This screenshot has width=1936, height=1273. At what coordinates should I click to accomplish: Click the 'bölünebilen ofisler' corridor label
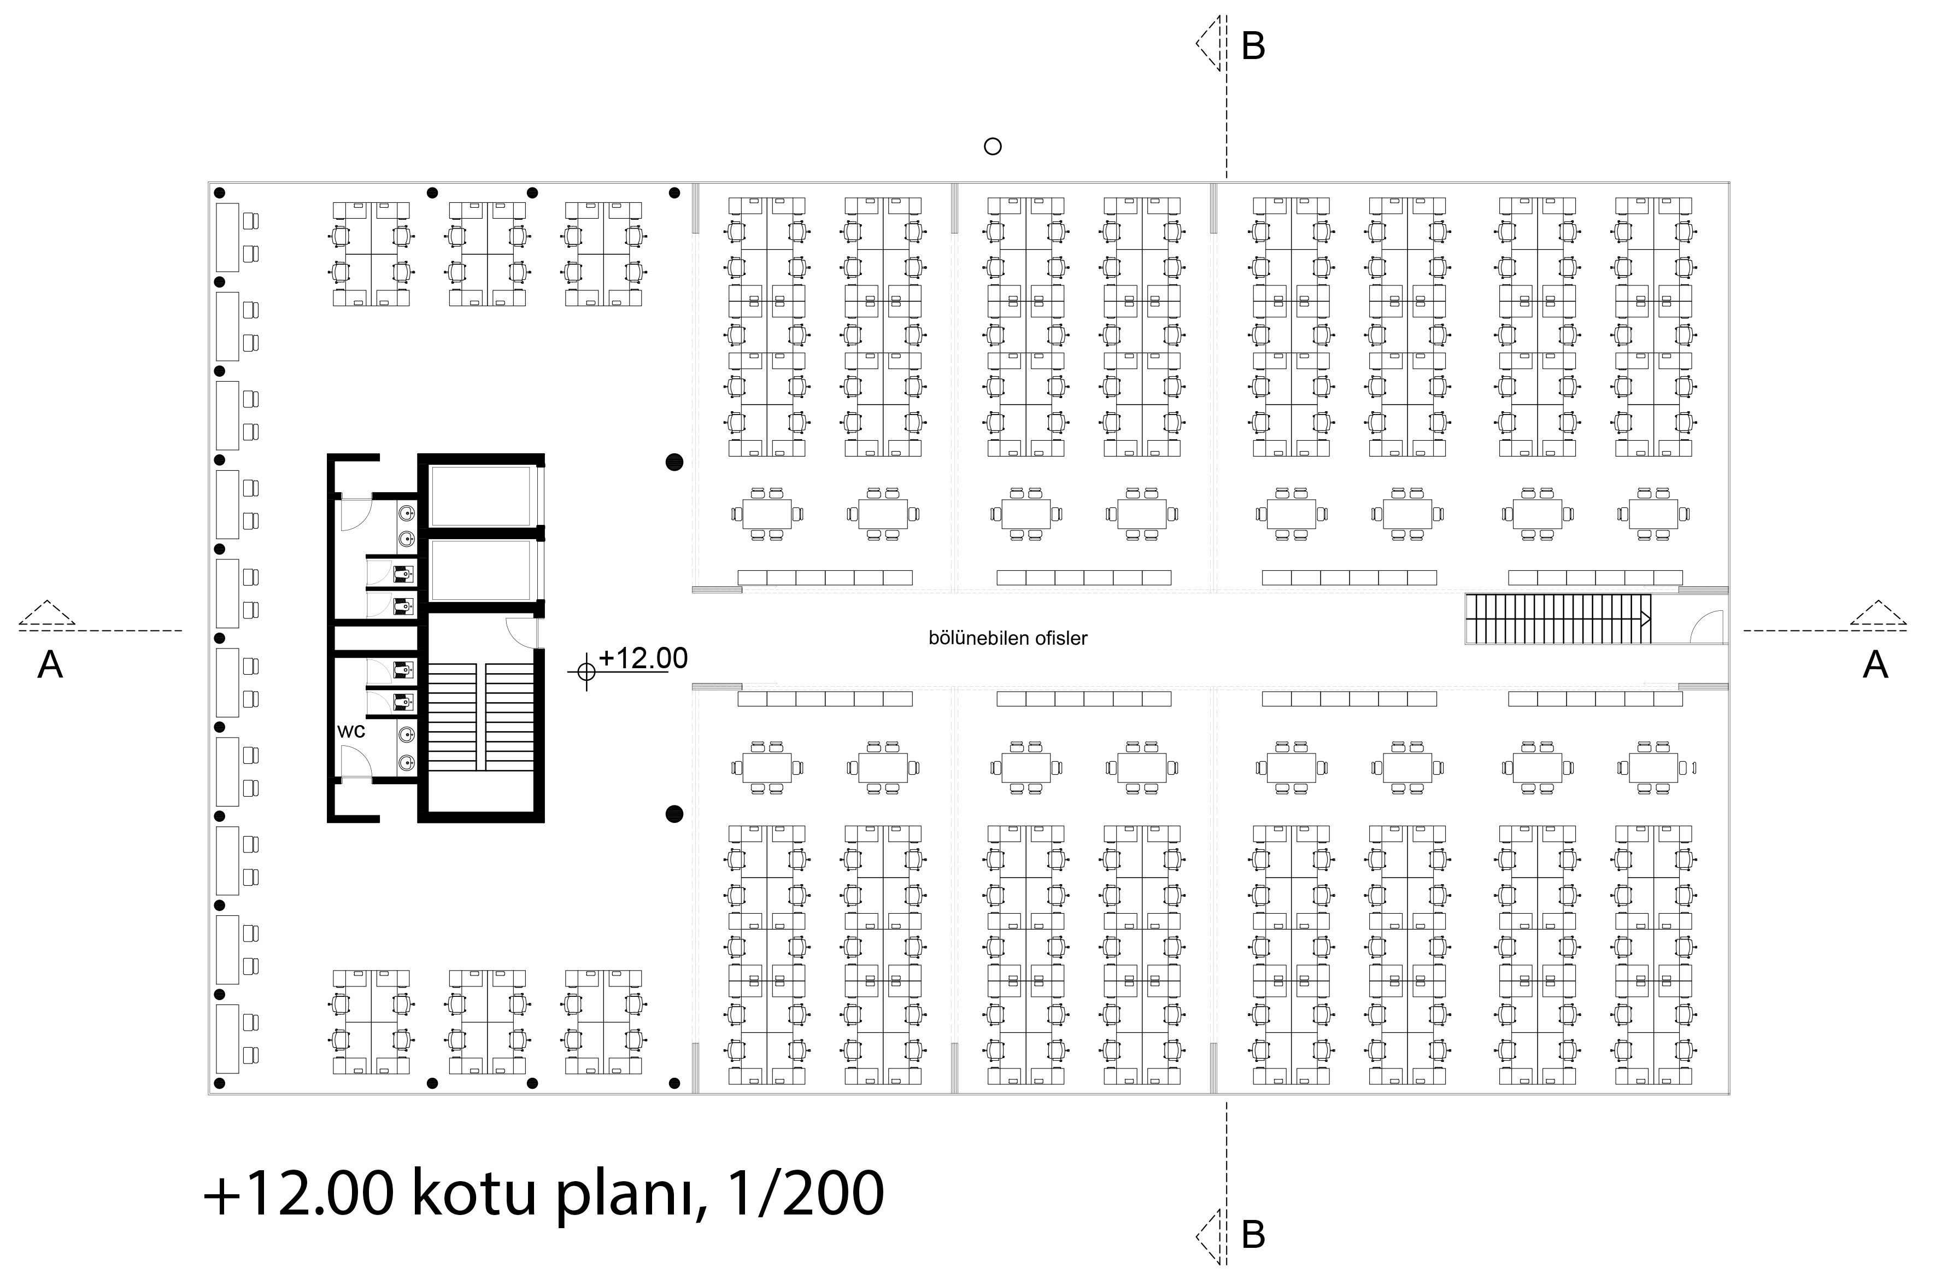point(1008,638)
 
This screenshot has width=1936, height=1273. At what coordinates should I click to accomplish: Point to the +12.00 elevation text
point(643,658)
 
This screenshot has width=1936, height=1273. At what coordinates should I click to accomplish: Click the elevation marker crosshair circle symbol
point(586,671)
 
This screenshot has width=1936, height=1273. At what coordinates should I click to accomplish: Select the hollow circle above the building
point(993,147)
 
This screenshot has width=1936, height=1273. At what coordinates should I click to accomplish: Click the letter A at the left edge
point(50,665)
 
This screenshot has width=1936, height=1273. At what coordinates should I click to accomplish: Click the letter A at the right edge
point(1875,665)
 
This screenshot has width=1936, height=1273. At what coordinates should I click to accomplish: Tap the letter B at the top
point(1253,46)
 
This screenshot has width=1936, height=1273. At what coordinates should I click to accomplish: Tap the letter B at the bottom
point(1253,1235)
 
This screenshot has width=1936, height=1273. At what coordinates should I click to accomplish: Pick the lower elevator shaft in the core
point(481,570)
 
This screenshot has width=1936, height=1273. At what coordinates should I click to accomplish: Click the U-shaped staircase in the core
point(481,716)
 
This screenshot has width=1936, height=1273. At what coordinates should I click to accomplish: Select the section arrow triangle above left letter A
point(47,613)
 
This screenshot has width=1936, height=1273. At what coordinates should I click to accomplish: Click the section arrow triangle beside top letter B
point(1209,43)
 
